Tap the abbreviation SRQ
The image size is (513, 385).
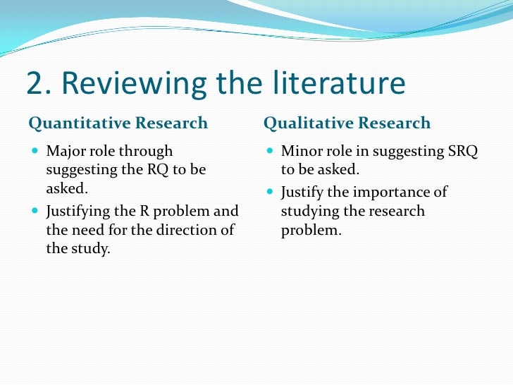tap(462, 151)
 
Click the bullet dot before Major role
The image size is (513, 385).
tap(35, 151)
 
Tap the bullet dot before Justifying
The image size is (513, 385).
tap(35, 211)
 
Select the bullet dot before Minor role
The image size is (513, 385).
tap(271, 151)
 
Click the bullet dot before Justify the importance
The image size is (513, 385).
tap(271, 192)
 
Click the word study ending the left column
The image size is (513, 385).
tap(92, 249)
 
